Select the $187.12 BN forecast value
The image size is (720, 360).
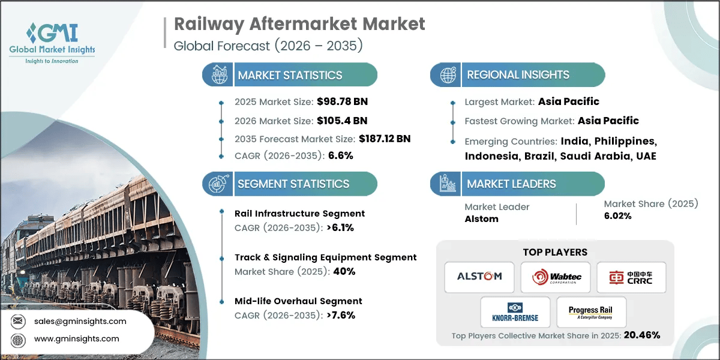385,139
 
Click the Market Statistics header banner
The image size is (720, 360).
290,75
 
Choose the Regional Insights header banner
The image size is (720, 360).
518,75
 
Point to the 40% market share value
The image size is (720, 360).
344,271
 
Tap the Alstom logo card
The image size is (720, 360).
479,277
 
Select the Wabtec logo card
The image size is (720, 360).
555,277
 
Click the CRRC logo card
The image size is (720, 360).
630,277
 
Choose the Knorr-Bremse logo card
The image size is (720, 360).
515,312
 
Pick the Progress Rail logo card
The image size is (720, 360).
592,312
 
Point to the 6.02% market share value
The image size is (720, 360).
617,216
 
